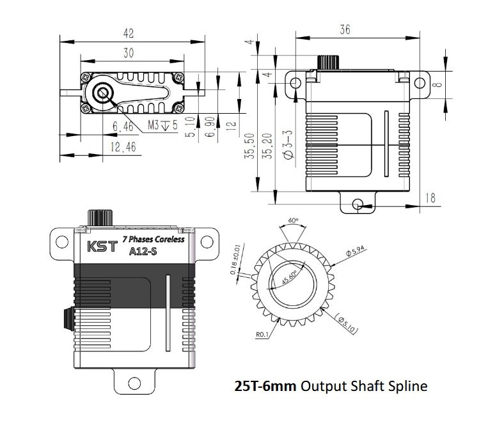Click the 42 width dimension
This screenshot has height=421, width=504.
(x=129, y=31)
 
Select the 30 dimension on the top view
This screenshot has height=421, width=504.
(x=129, y=54)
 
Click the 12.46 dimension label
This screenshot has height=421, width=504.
(x=123, y=148)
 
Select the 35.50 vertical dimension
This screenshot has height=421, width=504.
(x=250, y=146)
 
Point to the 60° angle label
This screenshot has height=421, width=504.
(x=294, y=220)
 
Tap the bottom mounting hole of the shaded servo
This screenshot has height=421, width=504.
(x=133, y=383)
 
